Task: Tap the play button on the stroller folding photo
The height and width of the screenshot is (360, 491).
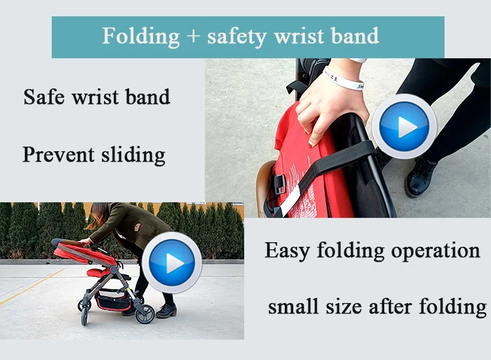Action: pos(172,262)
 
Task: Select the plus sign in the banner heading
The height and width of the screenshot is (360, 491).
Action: pos(192,36)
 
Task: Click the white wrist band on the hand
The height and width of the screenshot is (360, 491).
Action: pos(343,79)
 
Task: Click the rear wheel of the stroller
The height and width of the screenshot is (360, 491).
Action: pos(145,314)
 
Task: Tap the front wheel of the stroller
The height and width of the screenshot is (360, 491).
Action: pos(84,317)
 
